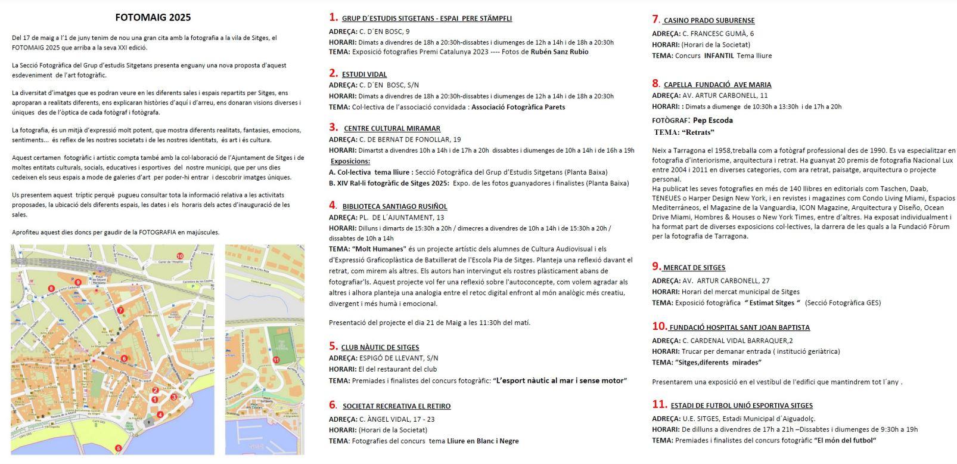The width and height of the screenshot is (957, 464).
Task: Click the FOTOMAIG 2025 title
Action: tap(153, 17)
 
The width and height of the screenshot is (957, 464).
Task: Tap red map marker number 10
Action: tap(180, 256)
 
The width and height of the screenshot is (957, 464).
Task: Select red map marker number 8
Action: tap(51, 289)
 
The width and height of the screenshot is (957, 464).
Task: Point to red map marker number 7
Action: tap(120, 310)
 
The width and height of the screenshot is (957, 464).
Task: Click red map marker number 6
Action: tap(124, 358)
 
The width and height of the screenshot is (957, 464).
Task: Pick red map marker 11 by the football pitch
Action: tap(276, 360)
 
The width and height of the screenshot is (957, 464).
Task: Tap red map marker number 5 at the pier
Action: tap(118, 448)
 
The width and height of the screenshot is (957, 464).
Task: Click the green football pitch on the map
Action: tap(279, 344)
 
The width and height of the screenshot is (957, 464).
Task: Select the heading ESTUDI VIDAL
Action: tap(364, 75)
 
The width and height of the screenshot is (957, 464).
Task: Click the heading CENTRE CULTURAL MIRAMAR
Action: tap(392, 128)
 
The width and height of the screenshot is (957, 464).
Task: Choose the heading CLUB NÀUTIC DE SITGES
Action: tap(380, 347)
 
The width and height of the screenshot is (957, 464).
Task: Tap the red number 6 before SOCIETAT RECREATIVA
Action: tap(333, 405)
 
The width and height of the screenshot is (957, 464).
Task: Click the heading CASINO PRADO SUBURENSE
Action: tap(709, 21)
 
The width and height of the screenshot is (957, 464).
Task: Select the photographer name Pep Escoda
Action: tap(713, 120)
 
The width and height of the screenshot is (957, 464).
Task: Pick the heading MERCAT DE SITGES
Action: tap(694, 268)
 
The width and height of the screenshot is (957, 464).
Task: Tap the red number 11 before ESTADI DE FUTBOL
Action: tap(659, 404)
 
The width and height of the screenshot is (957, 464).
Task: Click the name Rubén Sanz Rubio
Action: tap(559, 52)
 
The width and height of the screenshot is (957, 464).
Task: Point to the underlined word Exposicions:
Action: tap(350, 162)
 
